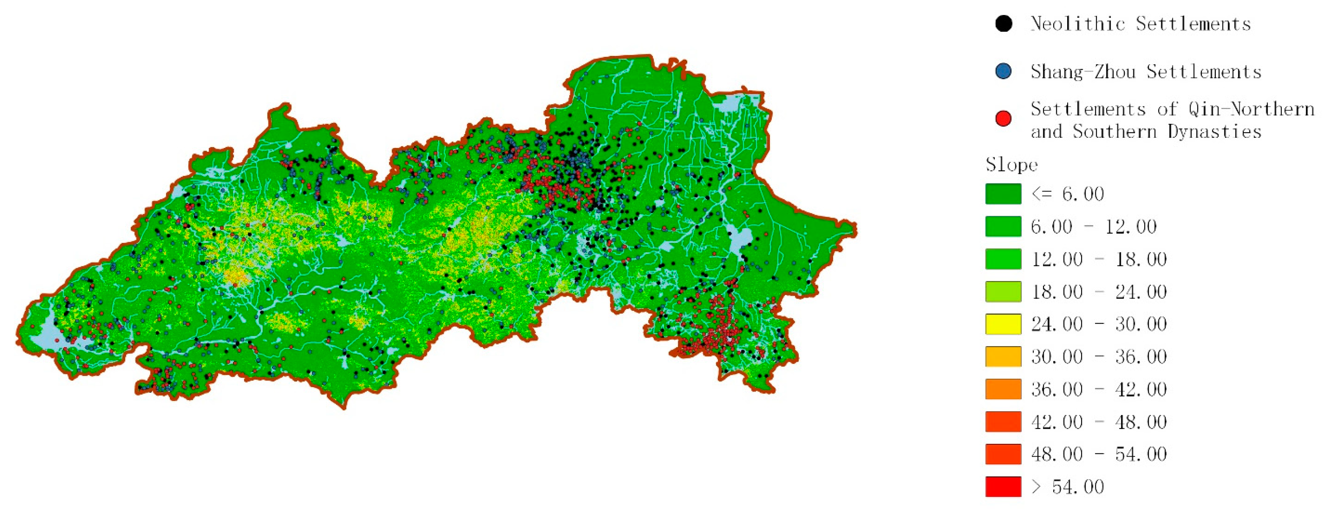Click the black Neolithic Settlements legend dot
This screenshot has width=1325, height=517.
(1003, 24)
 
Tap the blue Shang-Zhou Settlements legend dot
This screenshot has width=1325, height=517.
(1003, 71)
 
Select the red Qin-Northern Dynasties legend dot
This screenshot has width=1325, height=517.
(1003, 119)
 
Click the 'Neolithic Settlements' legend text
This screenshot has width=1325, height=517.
(1140, 24)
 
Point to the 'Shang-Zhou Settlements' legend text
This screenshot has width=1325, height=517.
(1146, 72)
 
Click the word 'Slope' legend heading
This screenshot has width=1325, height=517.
(1011, 165)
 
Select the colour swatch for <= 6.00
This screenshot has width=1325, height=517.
(1003, 194)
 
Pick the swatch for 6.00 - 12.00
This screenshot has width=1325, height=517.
(1003, 226)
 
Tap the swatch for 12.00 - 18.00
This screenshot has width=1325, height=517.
(1003, 259)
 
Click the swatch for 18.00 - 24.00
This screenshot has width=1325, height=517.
(1003, 292)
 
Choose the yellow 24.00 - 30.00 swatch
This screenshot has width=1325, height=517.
(1003, 324)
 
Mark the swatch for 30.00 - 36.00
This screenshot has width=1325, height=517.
(1003, 356)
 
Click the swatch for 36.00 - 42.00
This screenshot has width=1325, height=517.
(1003, 389)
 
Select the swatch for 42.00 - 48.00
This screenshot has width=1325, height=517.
(1003, 421)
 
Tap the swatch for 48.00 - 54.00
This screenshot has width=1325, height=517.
(1003, 454)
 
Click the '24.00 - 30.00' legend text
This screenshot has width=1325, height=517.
(1099, 324)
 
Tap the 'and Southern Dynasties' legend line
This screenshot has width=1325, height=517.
(1146, 132)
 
